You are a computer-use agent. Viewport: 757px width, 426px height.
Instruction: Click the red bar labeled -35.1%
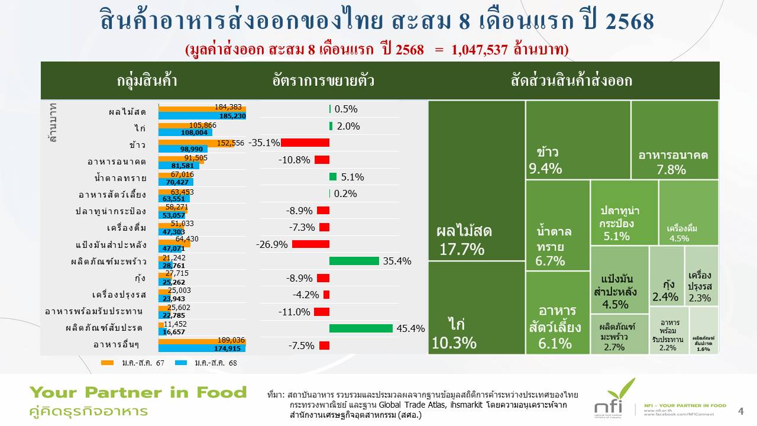pyautogui.click(x=305, y=143)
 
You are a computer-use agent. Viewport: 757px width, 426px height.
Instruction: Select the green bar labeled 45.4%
pyautogui.click(x=361, y=328)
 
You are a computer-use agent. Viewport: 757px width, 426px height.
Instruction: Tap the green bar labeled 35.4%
pyautogui.click(x=354, y=261)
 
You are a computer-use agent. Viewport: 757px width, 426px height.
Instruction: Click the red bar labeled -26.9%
pyautogui.click(x=310, y=244)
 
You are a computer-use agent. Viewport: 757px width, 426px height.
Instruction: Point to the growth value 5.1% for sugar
pyautogui.click(x=352, y=177)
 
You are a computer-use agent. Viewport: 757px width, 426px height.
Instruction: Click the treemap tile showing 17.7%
pyautogui.click(x=477, y=180)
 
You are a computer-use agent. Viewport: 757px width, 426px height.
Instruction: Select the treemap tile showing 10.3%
pyautogui.click(x=477, y=308)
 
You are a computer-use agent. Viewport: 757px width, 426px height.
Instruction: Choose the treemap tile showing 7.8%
pyautogui.click(x=674, y=140)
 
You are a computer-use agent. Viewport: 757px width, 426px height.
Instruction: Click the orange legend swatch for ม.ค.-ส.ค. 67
pyautogui.click(x=107, y=363)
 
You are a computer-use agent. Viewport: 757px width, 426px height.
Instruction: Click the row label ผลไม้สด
pyautogui.click(x=127, y=111)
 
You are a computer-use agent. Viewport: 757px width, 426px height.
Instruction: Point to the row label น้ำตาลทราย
pyautogui.click(x=119, y=177)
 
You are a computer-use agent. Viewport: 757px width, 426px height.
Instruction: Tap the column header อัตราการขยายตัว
pyautogui.click(x=323, y=80)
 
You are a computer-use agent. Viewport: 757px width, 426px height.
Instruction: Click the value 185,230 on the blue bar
pyautogui.click(x=232, y=116)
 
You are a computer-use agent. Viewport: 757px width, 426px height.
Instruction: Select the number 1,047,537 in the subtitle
pyautogui.click(x=479, y=50)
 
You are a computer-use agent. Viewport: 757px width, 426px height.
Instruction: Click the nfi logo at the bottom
pyautogui.click(x=614, y=398)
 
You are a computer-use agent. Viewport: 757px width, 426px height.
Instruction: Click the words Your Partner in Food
pyautogui.click(x=138, y=392)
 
